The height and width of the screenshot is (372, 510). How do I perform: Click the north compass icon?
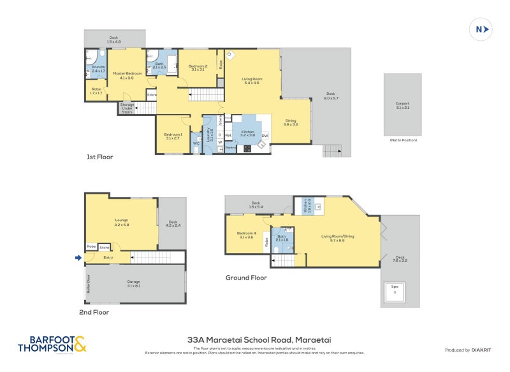click(x=482, y=29)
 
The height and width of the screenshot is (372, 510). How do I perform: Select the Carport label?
click(x=402, y=105)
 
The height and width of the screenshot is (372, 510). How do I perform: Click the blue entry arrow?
click(x=78, y=257)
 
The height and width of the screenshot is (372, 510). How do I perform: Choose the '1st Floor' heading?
click(x=99, y=157)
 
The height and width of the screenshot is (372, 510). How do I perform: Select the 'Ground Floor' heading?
click(x=246, y=278)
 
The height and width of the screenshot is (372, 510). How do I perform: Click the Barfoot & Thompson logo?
click(x=52, y=345)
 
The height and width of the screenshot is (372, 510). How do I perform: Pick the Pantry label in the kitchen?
click(x=230, y=148)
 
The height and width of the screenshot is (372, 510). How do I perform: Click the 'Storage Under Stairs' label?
click(x=127, y=108)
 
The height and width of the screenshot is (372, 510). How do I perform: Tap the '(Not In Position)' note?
click(x=402, y=139)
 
